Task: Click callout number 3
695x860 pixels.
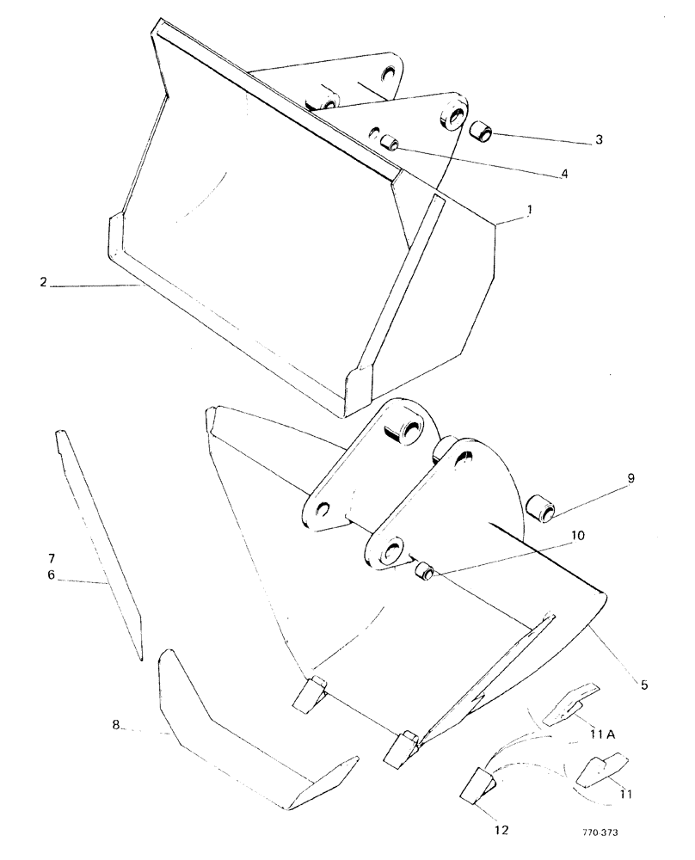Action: coord(600,140)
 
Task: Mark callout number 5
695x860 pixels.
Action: coord(643,685)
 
